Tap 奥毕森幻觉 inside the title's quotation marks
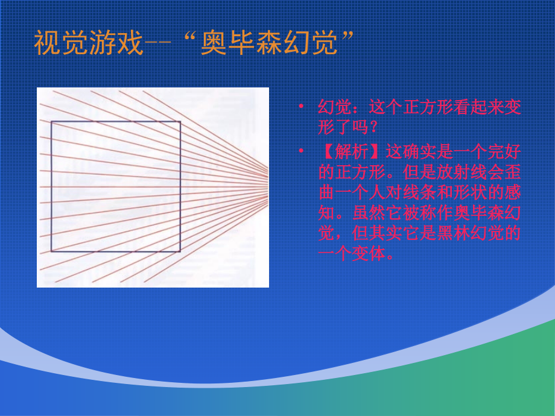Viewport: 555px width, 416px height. pyautogui.click(x=268, y=44)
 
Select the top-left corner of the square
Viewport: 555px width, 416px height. pyautogui.click(x=51, y=122)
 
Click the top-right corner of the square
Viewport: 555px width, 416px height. pyautogui.click(x=180, y=122)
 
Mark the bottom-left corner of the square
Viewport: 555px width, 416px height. pyautogui.click(x=51, y=251)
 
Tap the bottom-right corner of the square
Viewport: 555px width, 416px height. pyautogui.click(x=180, y=251)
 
